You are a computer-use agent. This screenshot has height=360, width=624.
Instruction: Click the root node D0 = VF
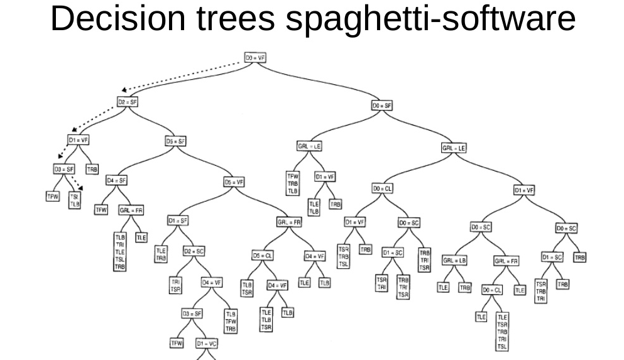coord(255,57)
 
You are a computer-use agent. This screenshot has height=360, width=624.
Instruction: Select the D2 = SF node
coord(127,102)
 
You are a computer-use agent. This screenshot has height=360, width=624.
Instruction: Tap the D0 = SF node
coord(381,106)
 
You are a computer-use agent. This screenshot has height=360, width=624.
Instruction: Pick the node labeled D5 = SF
coord(175,141)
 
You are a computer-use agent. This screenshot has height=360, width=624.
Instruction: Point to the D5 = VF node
coord(234,182)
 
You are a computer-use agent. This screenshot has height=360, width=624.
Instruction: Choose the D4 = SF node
coord(117,180)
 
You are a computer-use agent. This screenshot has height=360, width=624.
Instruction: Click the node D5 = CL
coord(263,256)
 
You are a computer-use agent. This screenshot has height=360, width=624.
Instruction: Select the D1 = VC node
coord(207,344)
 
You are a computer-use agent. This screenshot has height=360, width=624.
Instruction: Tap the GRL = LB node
coord(454,260)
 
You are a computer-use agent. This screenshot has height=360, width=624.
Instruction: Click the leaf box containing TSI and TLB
coord(74,200)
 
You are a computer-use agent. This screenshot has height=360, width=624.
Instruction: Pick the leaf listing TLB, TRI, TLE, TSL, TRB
coord(120,251)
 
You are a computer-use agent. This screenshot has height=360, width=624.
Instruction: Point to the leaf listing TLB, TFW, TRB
coord(231,320)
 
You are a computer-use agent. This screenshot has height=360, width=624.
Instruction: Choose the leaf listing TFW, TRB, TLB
coord(293,183)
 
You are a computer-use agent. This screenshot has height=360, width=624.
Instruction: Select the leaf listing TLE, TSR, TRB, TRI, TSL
coord(502,331)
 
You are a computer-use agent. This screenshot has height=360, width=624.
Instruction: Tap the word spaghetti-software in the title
coord(430,20)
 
